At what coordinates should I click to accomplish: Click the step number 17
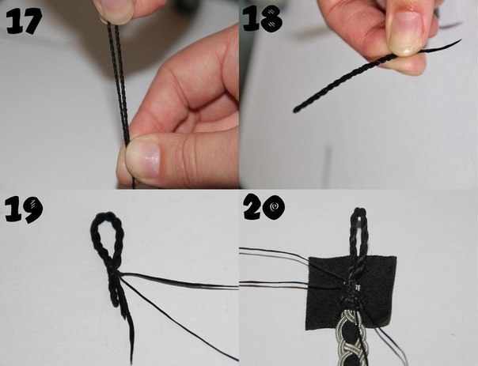[x=24, y=21]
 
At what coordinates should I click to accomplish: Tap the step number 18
[x=263, y=18]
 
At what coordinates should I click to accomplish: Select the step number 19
[x=24, y=209]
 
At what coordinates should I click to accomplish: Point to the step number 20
[x=264, y=206]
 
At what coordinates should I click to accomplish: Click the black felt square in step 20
[x=351, y=292]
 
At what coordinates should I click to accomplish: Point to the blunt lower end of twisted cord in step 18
[x=296, y=110]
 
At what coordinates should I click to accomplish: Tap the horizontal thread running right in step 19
[x=180, y=281]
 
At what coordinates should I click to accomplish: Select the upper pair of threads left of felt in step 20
[x=275, y=255]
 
